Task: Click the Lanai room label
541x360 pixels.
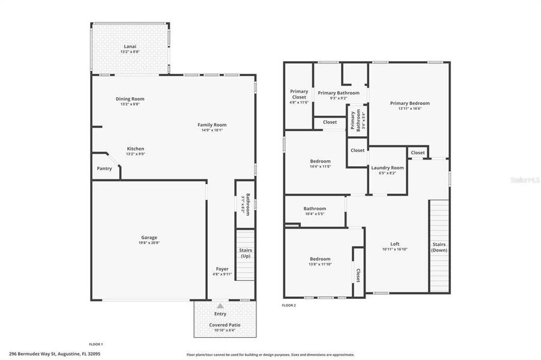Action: pos(130,46)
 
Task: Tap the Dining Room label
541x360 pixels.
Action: pos(130,99)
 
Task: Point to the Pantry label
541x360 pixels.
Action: pos(104,169)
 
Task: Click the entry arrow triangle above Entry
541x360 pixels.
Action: pos(220,306)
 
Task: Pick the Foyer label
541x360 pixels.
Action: pos(222,269)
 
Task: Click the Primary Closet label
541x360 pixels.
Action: pos(299,94)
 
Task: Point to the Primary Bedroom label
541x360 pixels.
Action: pos(410,103)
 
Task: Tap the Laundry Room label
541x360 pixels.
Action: pos(387,167)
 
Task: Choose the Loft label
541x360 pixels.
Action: pos(394,244)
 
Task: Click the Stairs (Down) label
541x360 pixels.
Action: pos(439,247)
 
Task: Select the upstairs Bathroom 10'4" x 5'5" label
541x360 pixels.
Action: pos(315,209)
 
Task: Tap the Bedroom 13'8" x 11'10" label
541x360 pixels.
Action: pos(320,260)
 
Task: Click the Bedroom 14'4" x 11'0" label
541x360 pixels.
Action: pos(320,161)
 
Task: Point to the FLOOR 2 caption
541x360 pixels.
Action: pos(289,305)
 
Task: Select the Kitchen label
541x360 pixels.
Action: pos(135,149)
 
